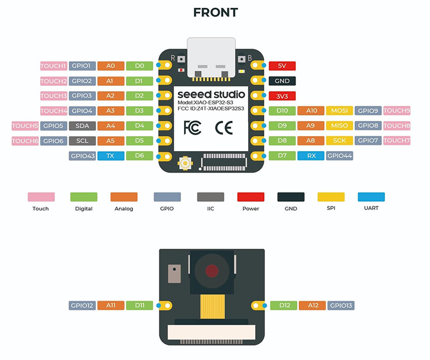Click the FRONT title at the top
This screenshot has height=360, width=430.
(x=215, y=12)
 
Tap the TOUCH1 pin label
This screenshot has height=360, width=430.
(x=54, y=66)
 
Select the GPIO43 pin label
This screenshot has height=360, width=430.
(x=82, y=156)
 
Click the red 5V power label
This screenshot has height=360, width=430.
(x=282, y=66)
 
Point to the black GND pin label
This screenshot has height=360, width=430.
(x=282, y=81)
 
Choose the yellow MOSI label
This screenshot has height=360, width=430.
(x=340, y=111)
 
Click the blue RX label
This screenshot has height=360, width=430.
(x=312, y=156)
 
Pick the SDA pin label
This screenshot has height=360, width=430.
(x=82, y=126)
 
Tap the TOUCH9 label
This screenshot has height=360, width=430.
(x=397, y=111)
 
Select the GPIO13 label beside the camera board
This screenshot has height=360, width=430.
(x=340, y=306)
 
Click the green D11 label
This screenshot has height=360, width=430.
(x=140, y=306)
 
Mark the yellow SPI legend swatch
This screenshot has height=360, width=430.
(x=331, y=197)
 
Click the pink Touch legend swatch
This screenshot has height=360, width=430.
(x=41, y=197)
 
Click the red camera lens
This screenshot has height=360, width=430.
(x=211, y=271)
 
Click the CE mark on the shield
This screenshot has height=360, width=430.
(x=223, y=127)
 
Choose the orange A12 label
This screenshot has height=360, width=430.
(x=312, y=306)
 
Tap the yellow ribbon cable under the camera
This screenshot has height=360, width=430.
(x=211, y=308)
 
